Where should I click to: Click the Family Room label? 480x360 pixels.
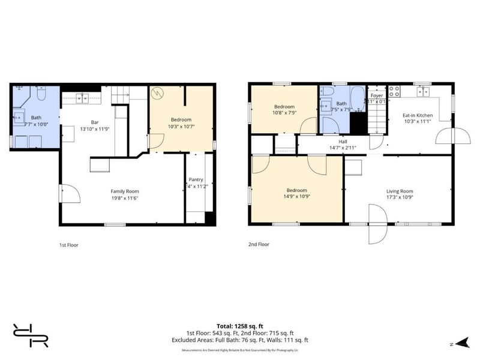click(125, 191)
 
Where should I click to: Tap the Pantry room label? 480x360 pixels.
click(196, 179)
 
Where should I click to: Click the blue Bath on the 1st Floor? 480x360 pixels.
click(36, 118)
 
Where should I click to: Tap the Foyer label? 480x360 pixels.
click(376, 95)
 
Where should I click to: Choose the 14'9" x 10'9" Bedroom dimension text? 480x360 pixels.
click(296, 196)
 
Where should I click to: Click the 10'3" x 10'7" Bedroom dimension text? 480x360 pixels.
click(181, 126)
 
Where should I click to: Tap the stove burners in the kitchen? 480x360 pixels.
click(395, 91)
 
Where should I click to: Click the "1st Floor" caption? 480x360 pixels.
click(68, 245)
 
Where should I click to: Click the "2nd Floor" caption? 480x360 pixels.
click(259, 245)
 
